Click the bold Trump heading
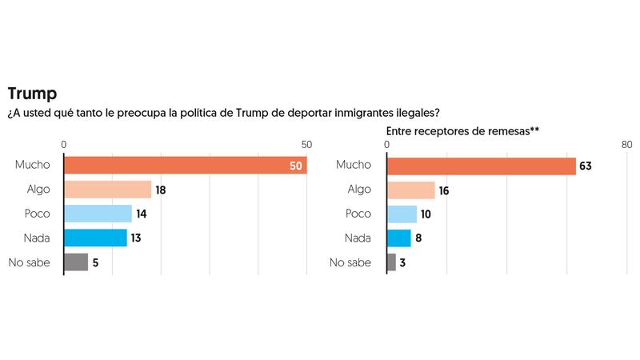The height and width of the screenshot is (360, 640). [33, 94]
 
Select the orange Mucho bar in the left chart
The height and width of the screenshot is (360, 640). [185, 165]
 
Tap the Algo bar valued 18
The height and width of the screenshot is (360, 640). [107, 190]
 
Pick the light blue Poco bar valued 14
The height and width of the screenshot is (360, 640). [98, 214]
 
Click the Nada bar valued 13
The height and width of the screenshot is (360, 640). [95, 238]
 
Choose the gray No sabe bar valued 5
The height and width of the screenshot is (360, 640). [76, 262]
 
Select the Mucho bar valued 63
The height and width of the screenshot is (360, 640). [481, 166]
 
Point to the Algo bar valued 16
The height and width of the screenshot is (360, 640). [410, 190]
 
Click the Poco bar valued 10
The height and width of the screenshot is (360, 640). [402, 214]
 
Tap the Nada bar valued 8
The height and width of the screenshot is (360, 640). [398, 238]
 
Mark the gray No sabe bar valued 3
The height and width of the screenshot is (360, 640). [391, 262]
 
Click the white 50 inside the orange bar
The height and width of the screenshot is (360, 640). [295, 166]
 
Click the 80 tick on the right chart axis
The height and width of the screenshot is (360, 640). [626, 145]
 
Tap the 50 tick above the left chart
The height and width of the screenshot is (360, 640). [306, 145]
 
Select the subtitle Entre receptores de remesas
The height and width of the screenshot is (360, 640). [459, 130]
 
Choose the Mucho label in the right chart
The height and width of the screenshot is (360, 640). [354, 166]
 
